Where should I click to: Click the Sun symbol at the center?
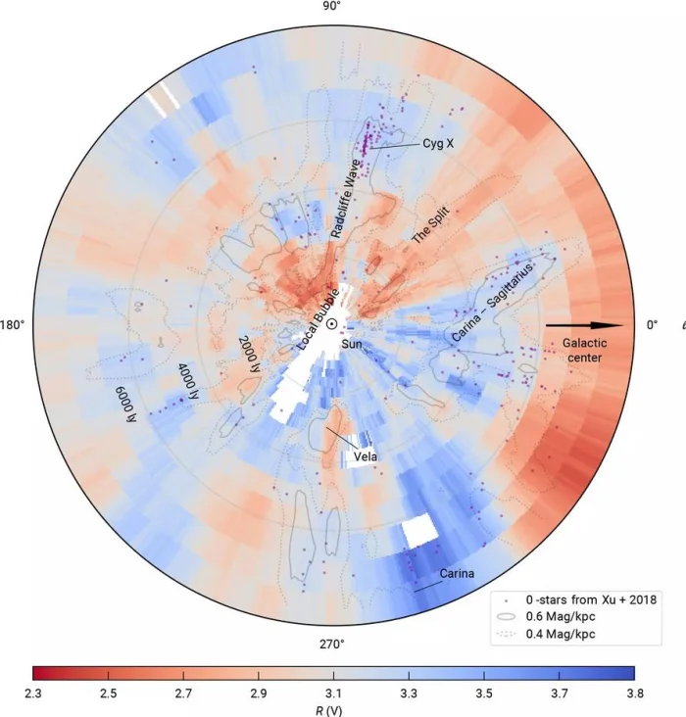point(332,324)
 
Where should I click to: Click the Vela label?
point(367,455)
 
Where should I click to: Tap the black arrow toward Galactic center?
point(584,324)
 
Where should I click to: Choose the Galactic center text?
point(586,350)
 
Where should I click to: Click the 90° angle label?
point(332,7)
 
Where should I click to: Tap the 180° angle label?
point(13,324)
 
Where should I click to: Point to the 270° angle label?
point(332,644)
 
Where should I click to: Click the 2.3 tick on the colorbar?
point(32,693)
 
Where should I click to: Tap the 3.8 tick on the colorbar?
point(634,693)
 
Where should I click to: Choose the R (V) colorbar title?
point(332,709)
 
